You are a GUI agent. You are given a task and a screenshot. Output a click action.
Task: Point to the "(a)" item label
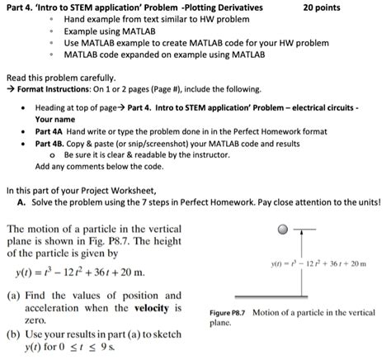click(x=14, y=295)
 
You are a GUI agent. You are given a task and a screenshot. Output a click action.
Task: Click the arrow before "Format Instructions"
click(x=9, y=88)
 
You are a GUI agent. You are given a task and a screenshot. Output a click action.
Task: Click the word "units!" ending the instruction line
click(x=369, y=201)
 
